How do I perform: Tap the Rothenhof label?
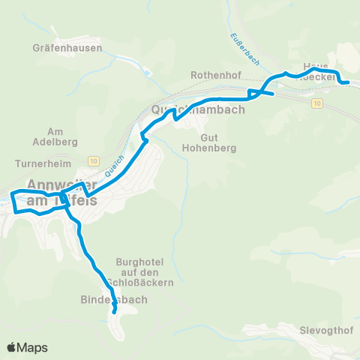(214, 76)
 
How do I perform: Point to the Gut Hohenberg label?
(209, 143)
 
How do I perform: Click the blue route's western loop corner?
(12, 194)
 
